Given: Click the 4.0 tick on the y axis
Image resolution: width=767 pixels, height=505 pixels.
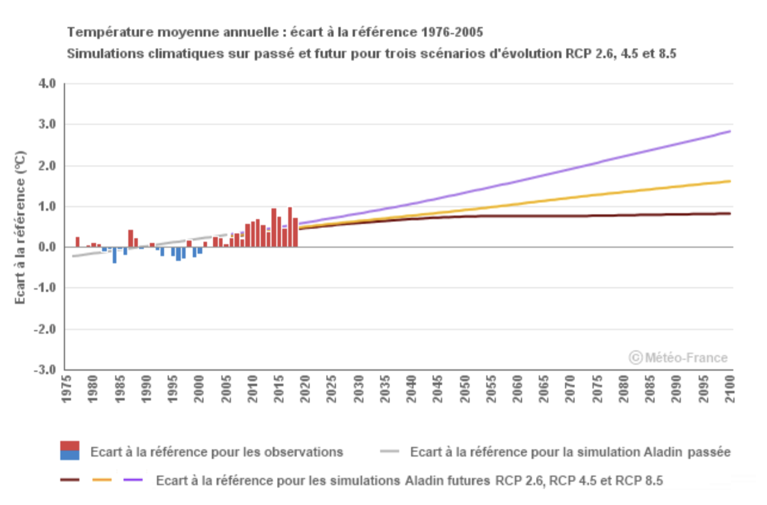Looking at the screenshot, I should tap(47, 83).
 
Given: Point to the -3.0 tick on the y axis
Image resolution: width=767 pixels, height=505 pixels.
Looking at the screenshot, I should tap(45, 369).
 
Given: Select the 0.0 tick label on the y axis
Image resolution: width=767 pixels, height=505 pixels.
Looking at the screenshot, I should tap(47, 247).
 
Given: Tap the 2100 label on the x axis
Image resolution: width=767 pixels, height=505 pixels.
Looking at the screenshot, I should tap(729, 389).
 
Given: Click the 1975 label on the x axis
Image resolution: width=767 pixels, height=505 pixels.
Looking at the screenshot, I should tap(66, 389).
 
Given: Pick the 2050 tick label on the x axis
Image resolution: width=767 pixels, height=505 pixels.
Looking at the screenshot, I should tap(464, 389).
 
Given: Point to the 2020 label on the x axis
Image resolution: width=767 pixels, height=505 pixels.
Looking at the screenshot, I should tap(305, 389).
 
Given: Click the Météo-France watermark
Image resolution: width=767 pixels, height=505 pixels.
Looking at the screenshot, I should tap(678, 358).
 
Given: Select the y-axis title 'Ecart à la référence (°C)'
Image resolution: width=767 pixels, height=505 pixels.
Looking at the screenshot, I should tap(20, 228).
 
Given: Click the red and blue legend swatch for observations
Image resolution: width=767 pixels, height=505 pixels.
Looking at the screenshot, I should tap(70, 450).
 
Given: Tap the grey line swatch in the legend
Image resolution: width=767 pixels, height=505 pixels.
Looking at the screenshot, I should tap(389, 452).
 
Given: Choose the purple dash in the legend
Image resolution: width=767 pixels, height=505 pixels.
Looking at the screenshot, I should tap(133, 480).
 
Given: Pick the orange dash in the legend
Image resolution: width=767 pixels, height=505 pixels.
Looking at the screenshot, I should tap(102, 480).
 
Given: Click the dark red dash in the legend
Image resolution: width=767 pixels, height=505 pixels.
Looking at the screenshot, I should tap(70, 480).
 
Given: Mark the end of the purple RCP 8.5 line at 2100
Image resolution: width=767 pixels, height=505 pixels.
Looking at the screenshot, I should tap(729, 131).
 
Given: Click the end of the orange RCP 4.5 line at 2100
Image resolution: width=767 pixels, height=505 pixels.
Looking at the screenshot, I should tap(729, 181).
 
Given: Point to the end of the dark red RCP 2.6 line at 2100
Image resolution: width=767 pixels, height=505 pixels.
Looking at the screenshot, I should tap(729, 214).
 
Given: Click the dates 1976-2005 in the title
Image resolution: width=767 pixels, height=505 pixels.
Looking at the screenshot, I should tap(452, 32).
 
